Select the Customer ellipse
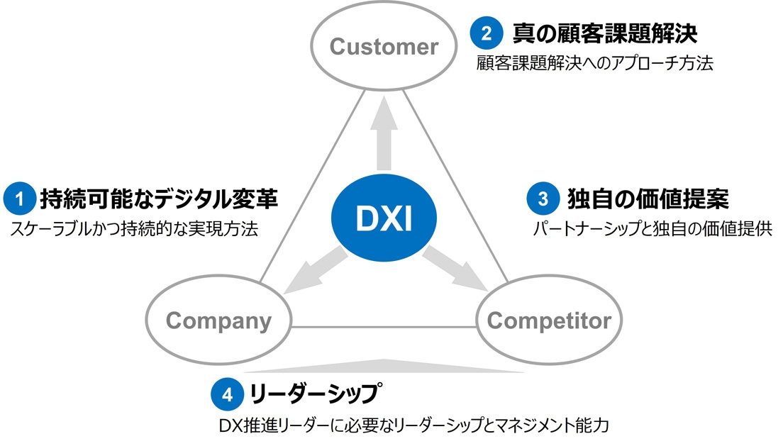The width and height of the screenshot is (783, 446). (384, 48)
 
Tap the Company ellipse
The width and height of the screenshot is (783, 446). (218, 320)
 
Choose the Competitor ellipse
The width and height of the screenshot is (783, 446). (548, 320)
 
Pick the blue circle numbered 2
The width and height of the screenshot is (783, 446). (487, 33)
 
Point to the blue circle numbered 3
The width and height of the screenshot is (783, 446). (543, 199)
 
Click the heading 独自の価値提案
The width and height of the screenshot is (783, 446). (648, 199)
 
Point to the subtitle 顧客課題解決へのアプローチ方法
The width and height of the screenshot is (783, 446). (594, 63)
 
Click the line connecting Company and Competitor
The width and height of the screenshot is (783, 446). (384, 327)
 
